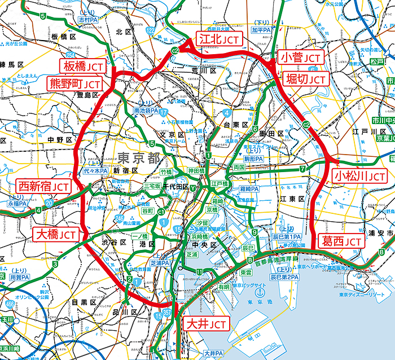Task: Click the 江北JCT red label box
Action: pyautogui.click(x=219, y=39)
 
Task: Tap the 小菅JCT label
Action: pyautogui.click(x=301, y=57)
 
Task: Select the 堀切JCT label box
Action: pyautogui.click(x=304, y=78)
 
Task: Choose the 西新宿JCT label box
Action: pyautogui.click(x=45, y=186)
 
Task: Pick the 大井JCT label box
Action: pyautogui.click(x=207, y=324)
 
